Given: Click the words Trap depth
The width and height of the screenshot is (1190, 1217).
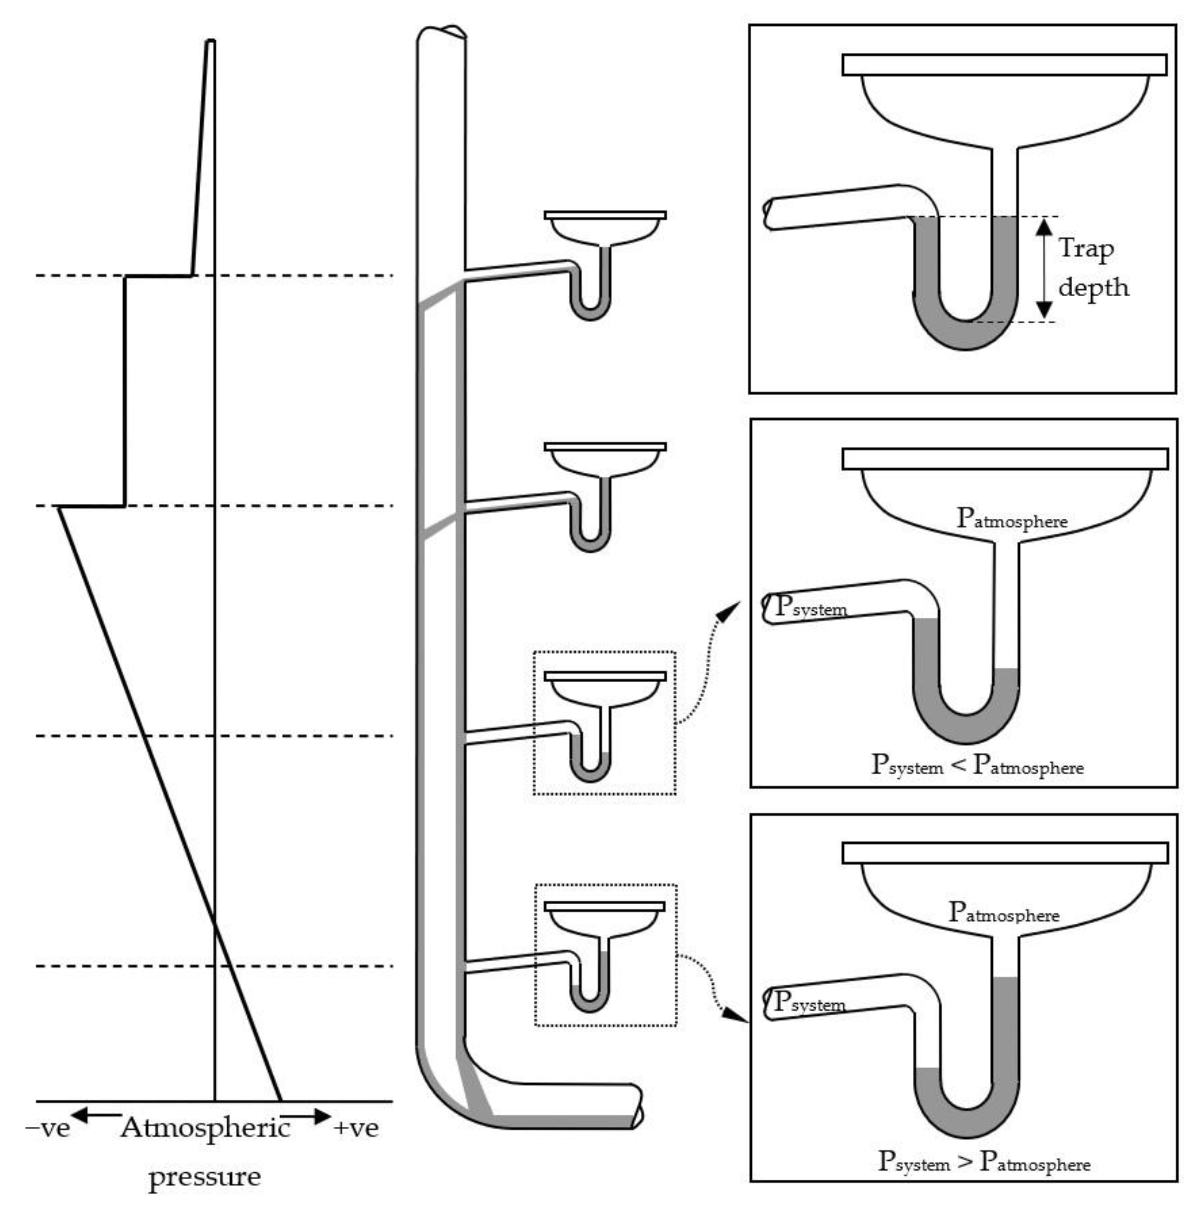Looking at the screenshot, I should pyautogui.click(x=1093, y=268).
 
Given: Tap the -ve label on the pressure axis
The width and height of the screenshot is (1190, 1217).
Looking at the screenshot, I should pyautogui.click(x=48, y=1128).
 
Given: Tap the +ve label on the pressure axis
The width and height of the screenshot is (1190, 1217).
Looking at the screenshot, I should pyautogui.click(x=356, y=1128).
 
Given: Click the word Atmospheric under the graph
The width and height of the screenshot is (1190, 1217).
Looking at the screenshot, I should pyautogui.click(x=206, y=1128).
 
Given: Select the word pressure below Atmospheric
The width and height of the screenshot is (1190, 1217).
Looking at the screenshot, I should pyautogui.click(x=205, y=1176).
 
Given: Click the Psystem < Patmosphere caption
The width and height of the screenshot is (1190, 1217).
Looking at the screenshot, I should pyautogui.click(x=977, y=765).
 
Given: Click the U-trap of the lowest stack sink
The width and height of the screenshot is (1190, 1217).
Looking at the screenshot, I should pyautogui.click(x=590, y=994).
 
